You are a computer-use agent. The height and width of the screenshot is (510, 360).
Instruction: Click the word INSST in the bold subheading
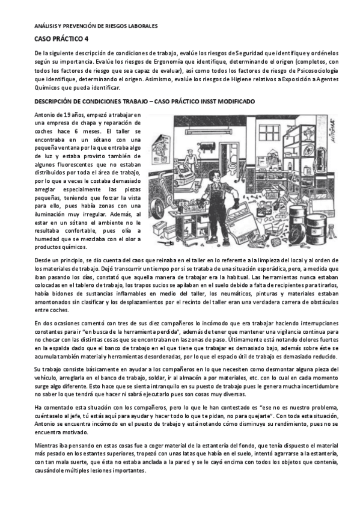point(209,101)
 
